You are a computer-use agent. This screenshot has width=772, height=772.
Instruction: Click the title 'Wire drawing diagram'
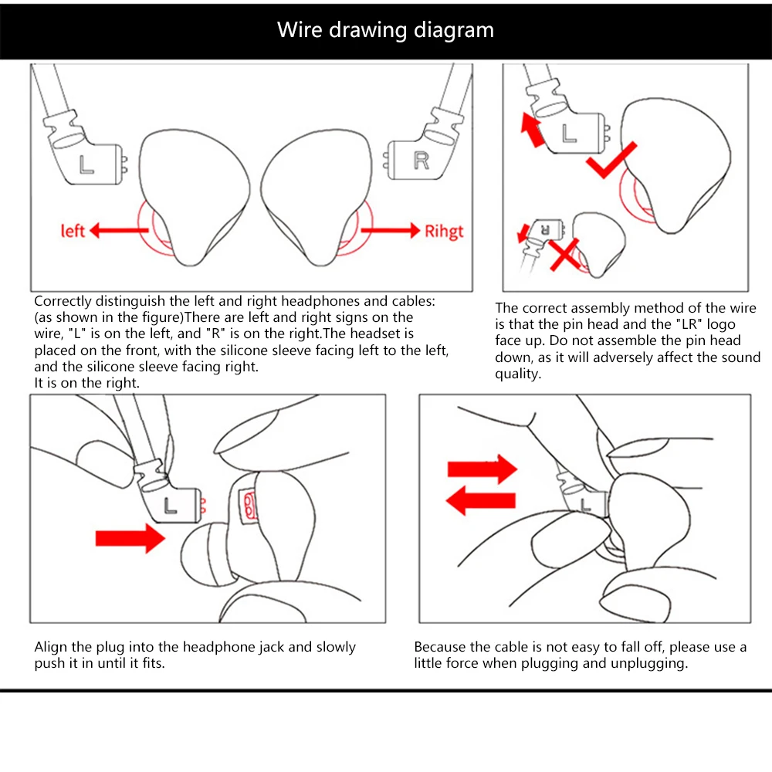[385, 30]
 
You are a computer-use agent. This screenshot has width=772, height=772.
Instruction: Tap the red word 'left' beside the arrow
[73, 230]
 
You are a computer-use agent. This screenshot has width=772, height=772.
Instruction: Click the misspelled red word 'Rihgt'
[444, 231]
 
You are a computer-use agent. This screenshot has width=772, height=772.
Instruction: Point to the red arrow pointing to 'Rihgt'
[390, 229]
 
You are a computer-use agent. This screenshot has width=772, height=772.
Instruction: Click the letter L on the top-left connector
[86, 163]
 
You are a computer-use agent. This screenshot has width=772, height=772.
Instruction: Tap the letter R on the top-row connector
[421, 160]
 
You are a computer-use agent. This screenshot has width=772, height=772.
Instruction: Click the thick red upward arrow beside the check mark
[531, 129]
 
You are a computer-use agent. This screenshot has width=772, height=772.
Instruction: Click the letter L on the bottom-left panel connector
[171, 506]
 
